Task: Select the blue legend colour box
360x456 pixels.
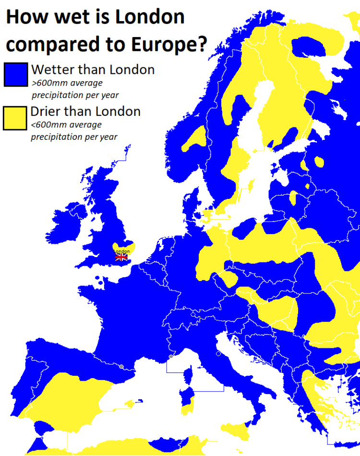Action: click(x=15, y=74)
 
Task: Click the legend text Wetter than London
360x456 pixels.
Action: click(x=93, y=70)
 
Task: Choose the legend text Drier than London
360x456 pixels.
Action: click(x=85, y=111)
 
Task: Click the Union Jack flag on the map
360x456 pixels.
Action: click(x=121, y=258)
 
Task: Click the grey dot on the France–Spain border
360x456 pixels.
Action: click(x=121, y=367)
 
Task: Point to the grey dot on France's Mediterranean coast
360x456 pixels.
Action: click(x=171, y=357)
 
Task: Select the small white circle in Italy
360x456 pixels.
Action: click(x=218, y=354)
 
